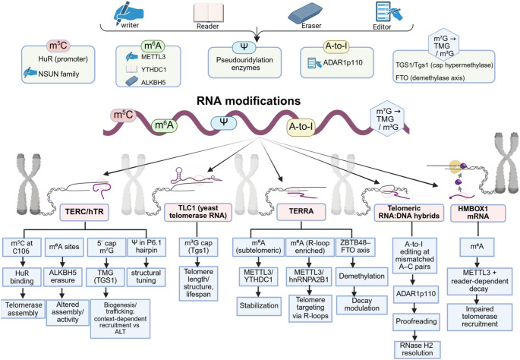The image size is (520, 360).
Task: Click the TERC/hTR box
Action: pyautogui.click(x=84, y=213)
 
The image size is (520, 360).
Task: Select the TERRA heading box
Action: pyautogui.click(x=301, y=212)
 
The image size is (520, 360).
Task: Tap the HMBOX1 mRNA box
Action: pyautogui.click(x=478, y=213)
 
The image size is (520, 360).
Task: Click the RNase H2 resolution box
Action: pyautogui.click(x=418, y=349)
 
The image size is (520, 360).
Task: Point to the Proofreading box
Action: pyautogui.click(x=416, y=321)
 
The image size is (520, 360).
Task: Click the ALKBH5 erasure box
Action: pyautogui.click(x=63, y=276)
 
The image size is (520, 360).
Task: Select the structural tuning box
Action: pyautogui.click(x=146, y=276)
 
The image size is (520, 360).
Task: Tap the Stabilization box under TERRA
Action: pyautogui.click(x=259, y=305)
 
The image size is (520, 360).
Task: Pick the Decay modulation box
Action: pyautogui.click(x=362, y=305)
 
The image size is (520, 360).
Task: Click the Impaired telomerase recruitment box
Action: pyautogui.click(x=480, y=317)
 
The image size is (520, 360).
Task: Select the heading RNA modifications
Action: pyautogui.click(x=248, y=100)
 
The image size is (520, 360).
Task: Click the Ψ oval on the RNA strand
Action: pyautogui.click(x=224, y=123)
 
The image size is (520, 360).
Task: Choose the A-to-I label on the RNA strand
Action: pyautogui.click(x=301, y=127)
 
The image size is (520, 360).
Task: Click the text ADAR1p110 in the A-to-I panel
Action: pyautogui.click(x=342, y=63)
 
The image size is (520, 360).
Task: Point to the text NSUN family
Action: pyautogui.click(x=58, y=74)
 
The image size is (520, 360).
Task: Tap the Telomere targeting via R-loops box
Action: pyautogui.click(x=310, y=308)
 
